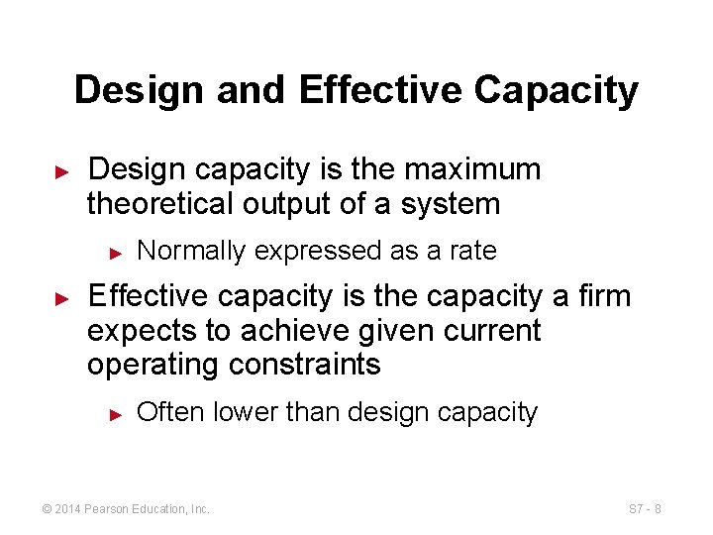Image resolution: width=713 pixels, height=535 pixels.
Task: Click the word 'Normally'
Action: click(190, 252)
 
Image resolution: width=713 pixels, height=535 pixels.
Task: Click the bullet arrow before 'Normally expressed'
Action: click(115, 253)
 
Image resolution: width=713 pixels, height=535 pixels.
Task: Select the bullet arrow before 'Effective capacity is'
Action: click(61, 296)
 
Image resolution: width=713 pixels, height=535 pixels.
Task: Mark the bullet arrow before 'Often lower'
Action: click(115, 413)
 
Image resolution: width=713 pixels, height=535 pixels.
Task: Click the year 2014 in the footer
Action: click(70, 509)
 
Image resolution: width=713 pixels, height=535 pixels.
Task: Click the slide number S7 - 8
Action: click(644, 509)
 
